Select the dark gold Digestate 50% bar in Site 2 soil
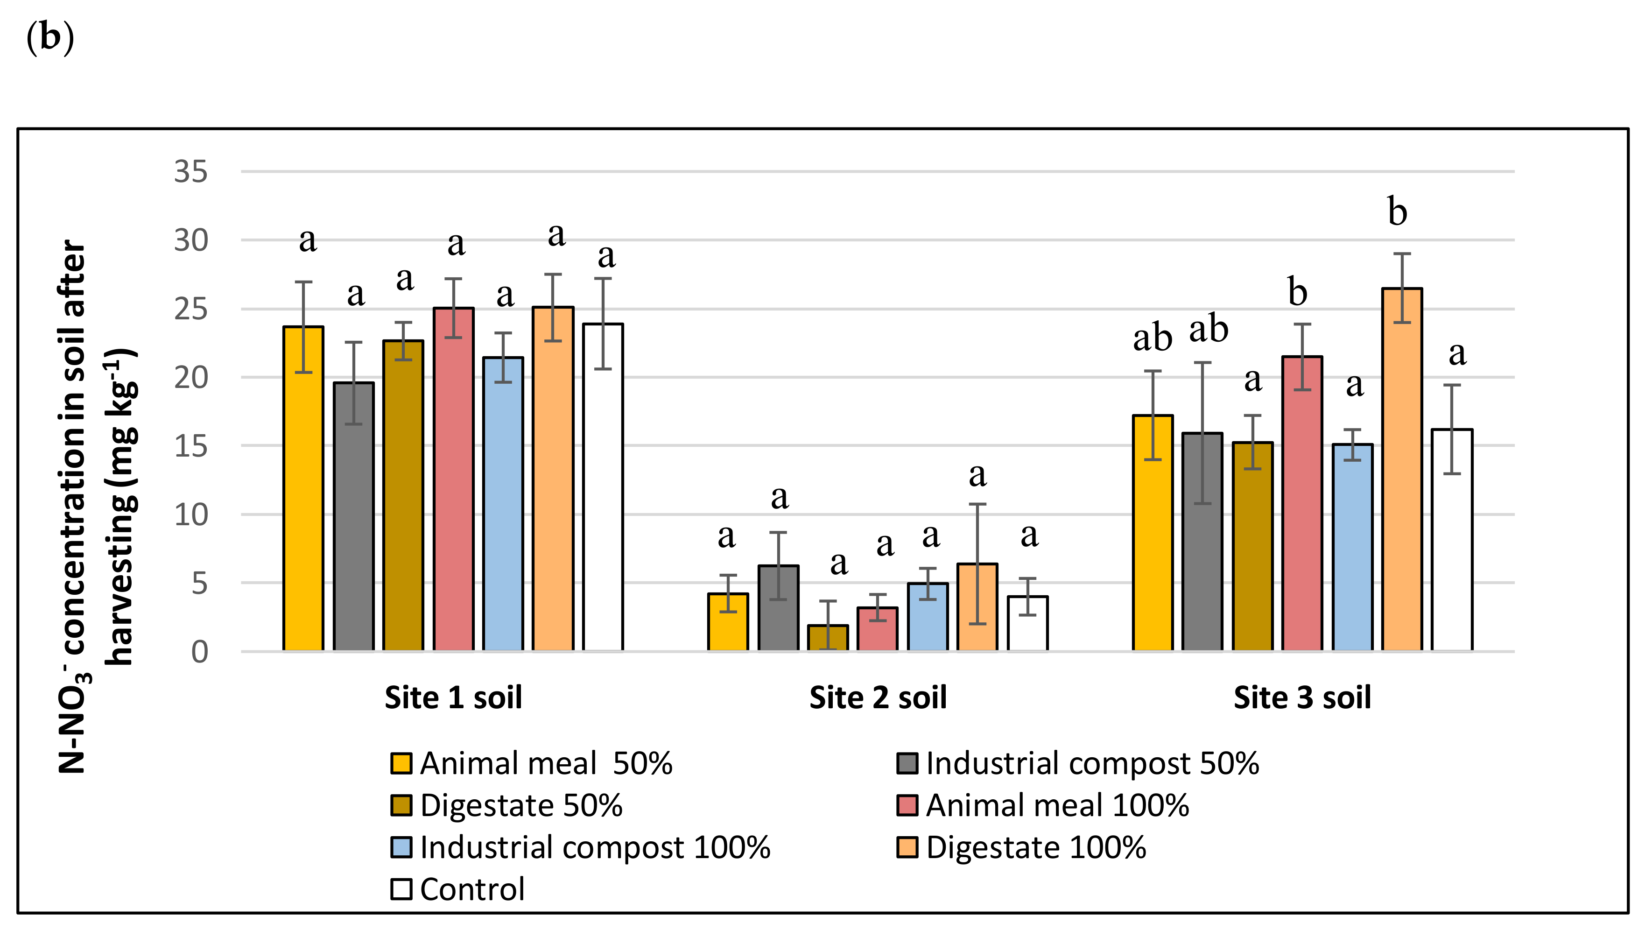click(x=828, y=638)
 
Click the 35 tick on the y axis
click(x=191, y=172)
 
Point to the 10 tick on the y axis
click(x=191, y=515)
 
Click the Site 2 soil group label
click(x=878, y=697)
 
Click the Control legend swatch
click(x=401, y=889)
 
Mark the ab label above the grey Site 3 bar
click(x=1208, y=330)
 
